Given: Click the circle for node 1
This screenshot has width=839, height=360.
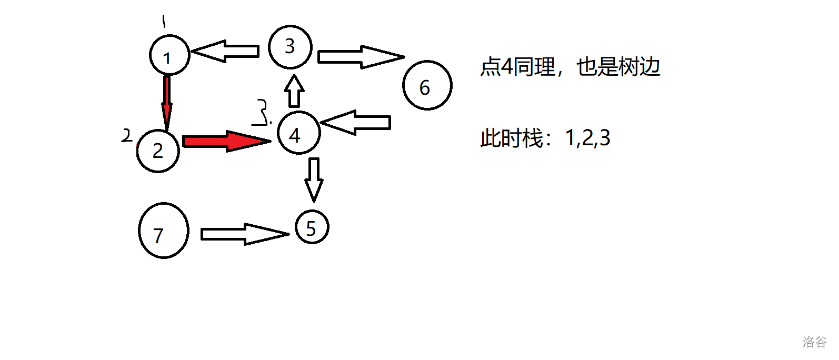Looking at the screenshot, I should coord(169,55).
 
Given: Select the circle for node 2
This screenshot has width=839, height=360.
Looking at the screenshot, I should coord(158,151).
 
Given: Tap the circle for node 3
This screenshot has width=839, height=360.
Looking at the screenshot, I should coord(290,47).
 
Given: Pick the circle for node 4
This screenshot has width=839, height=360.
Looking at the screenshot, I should coord(298,133).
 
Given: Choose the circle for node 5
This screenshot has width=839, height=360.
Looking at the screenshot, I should coord(312,227).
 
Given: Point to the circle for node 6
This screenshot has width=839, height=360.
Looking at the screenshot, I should coord(427,85).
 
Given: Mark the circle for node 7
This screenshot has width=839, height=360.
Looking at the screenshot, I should coord(163,231).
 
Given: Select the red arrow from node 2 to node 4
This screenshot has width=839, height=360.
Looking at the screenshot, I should coord(226,141).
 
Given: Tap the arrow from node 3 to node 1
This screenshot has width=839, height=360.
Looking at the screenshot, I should coord(225,51).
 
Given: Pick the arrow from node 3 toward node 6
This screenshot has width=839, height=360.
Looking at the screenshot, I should coord(361,57).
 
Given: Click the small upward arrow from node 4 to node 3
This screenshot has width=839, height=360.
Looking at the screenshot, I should coord(295,91).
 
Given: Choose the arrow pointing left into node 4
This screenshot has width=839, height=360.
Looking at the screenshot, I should coord(356,123).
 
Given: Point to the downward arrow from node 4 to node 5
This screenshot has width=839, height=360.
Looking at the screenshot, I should coord(314,179).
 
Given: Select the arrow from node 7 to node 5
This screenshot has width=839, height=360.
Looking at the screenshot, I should coord(245,234).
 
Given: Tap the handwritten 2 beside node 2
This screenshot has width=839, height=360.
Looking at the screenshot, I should coord(126,136).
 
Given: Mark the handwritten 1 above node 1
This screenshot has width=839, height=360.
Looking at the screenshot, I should coord(164,22).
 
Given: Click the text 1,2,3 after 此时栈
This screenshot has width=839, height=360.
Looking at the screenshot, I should coord(587,138).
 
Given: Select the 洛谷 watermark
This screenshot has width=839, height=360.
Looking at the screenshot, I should coord(814,342).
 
